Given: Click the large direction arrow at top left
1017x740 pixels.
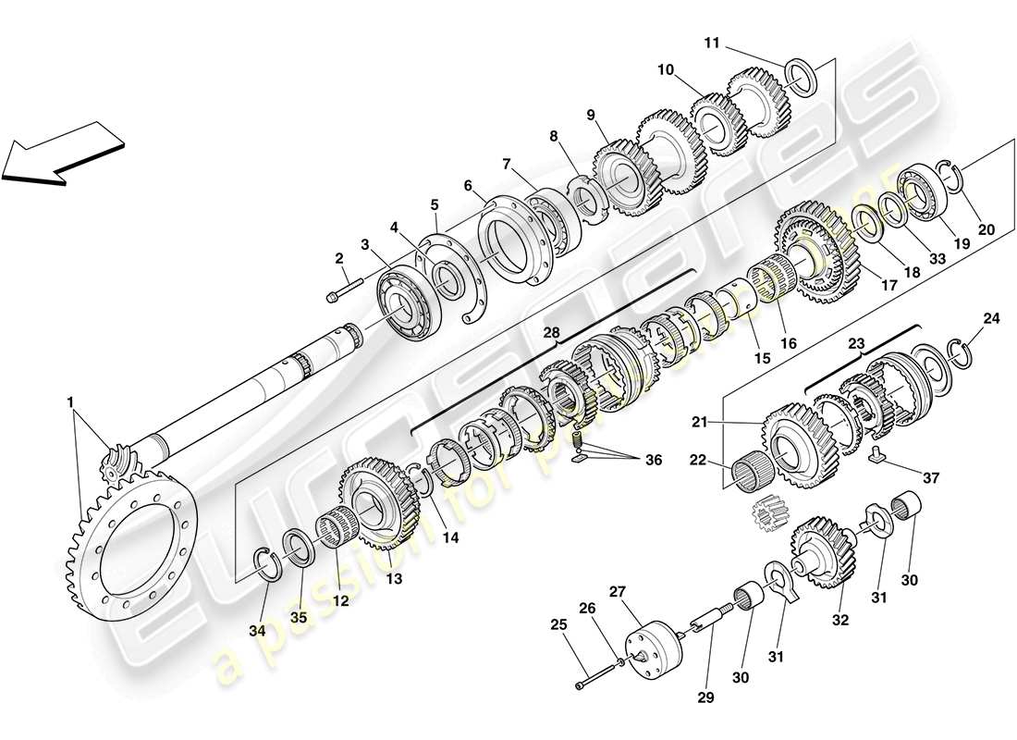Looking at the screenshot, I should click(63, 154).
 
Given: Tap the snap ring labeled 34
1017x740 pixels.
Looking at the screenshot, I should click(267, 563).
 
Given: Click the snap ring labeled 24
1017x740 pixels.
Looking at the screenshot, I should click(963, 351).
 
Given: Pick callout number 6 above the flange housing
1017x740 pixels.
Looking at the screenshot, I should click(469, 186).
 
